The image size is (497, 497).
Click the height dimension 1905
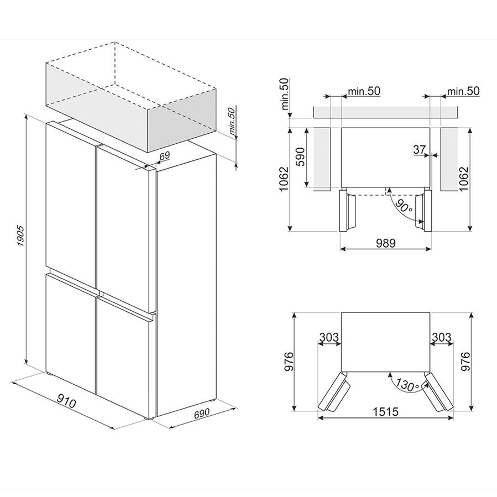point(20,236)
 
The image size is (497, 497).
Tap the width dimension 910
point(66,402)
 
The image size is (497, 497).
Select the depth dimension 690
point(202,413)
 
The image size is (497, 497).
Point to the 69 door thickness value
point(165,156)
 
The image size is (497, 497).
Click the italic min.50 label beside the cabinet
point(232,123)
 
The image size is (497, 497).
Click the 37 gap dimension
point(420,149)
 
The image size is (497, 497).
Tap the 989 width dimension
point(386,243)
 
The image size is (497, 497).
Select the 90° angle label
point(404,206)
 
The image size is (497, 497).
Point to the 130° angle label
point(407,385)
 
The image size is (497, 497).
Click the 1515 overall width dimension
point(385,412)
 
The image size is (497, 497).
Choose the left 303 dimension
point(329,337)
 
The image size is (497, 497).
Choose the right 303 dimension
point(442,337)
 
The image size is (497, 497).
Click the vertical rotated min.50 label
point(285,94)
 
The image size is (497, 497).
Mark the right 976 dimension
point(465,361)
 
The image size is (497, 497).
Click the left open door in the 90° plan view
point(347,211)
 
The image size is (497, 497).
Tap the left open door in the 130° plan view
point(334,393)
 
